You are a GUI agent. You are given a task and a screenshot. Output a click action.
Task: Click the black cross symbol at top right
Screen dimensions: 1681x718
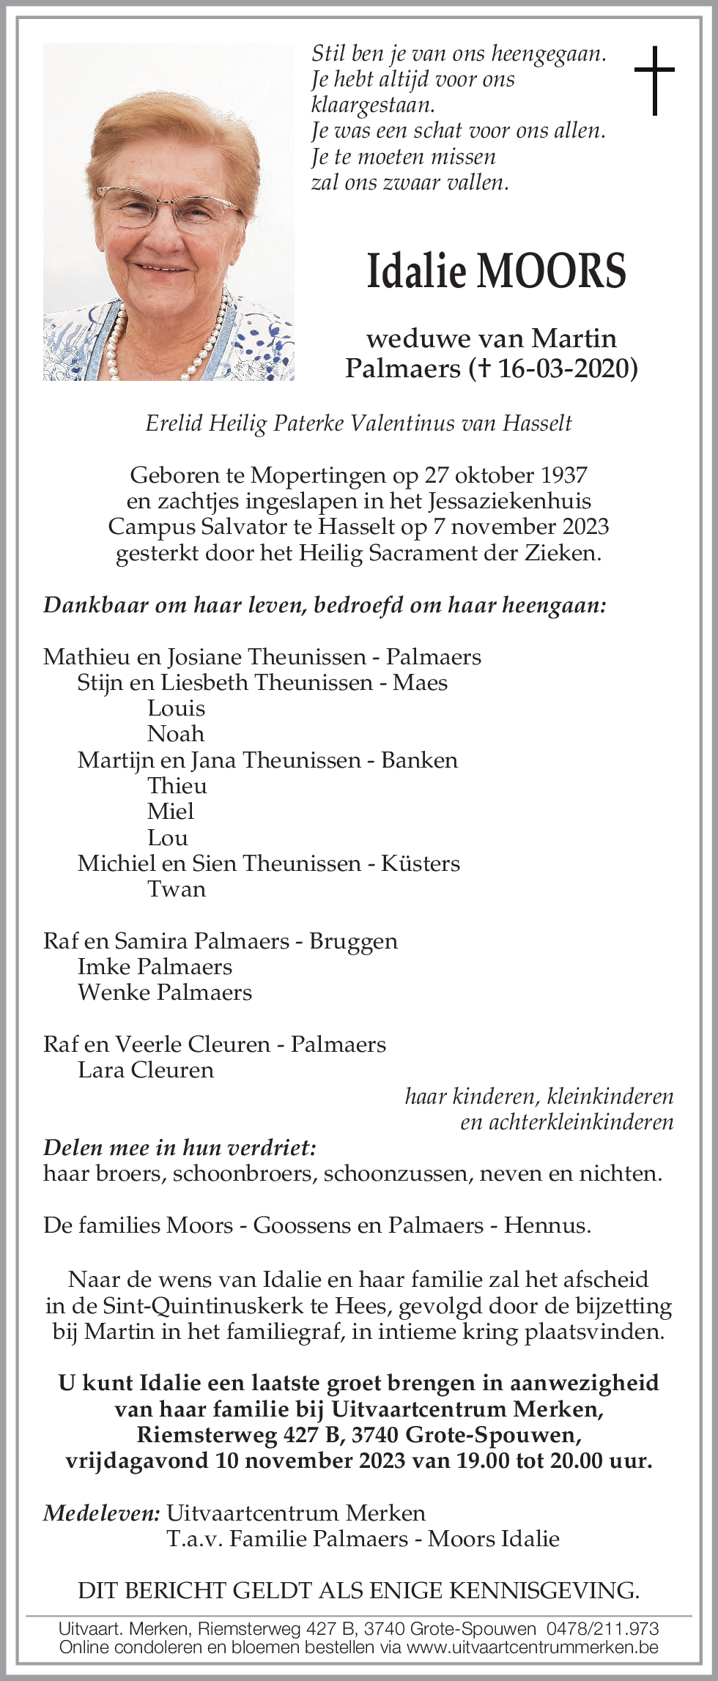[x=654, y=80]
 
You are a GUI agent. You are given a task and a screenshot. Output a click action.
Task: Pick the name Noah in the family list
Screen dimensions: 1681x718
[x=176, y=734]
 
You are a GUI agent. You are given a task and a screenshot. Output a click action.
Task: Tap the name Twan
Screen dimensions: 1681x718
[x=177, y=889]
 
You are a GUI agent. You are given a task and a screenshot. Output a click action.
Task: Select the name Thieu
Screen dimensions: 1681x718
[x=177, y=786]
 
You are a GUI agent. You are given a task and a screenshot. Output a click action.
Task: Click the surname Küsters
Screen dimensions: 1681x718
[x=421, y=864]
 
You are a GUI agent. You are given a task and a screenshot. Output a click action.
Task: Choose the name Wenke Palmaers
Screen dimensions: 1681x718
[x=165, y=992]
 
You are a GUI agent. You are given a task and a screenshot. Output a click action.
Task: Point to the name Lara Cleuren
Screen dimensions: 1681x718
[x=146, y=1070]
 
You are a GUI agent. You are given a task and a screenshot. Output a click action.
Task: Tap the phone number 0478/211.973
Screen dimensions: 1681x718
[x=603, y=1629]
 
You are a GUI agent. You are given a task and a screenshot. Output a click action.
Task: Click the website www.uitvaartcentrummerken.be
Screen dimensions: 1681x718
[x=533, y=1647]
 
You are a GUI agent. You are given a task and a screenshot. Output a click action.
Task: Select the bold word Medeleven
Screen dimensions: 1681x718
[x=101, y=1513]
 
